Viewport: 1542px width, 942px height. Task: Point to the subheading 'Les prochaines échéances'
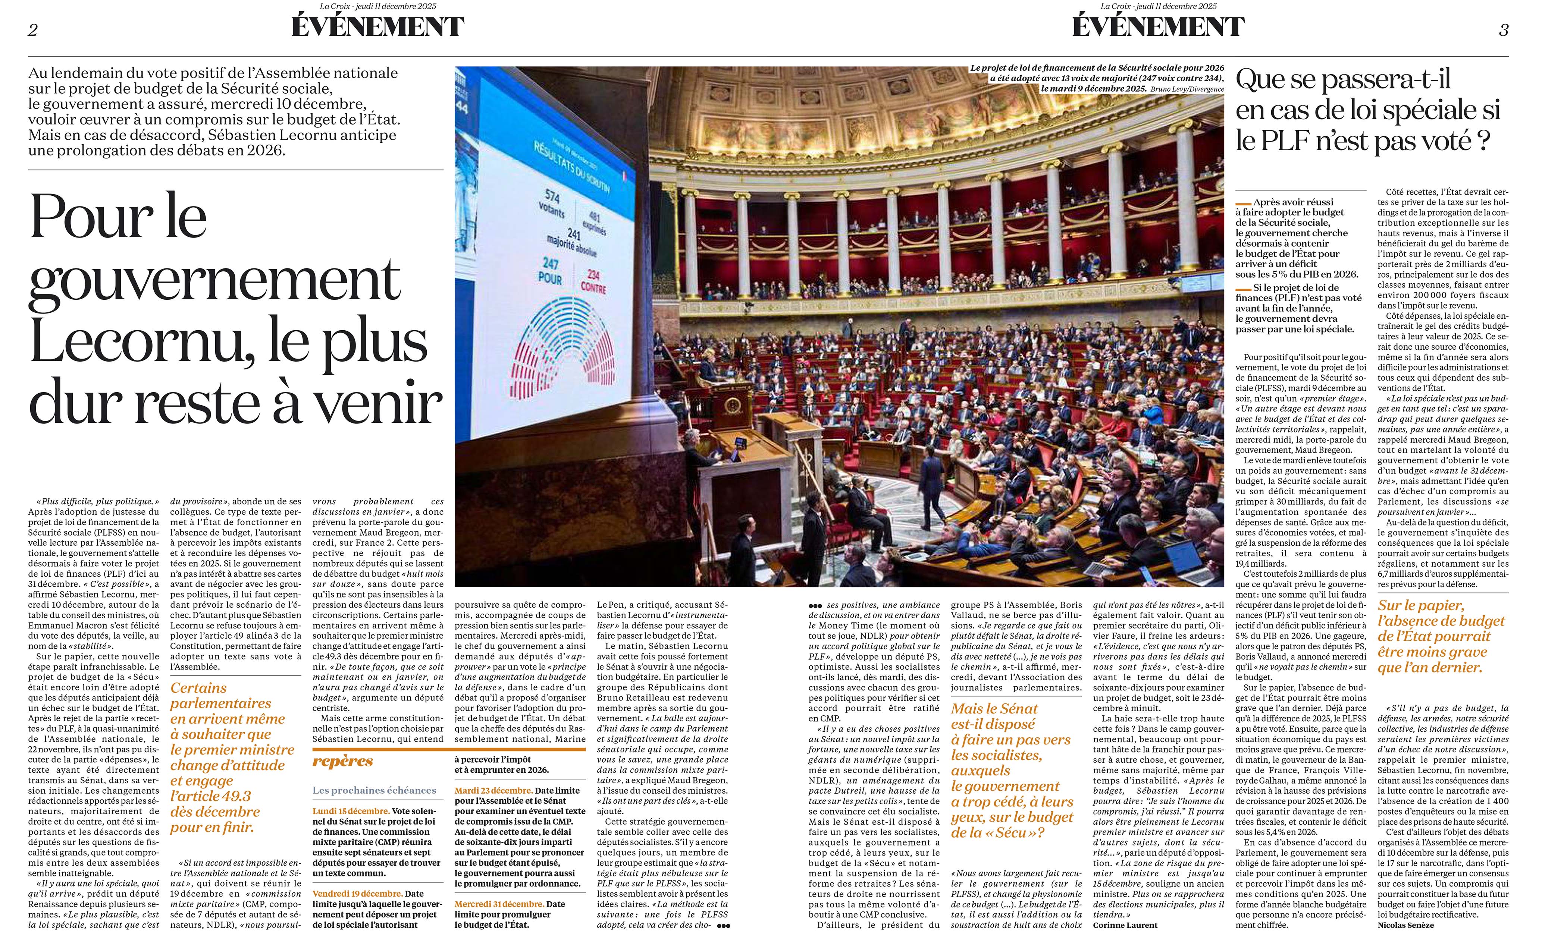[x=374, y=790]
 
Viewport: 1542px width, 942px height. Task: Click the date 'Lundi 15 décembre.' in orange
[x=351, y=811]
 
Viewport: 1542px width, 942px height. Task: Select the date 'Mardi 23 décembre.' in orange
[x=494, y=791]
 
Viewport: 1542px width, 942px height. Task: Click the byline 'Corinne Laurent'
[x=1125, y=925]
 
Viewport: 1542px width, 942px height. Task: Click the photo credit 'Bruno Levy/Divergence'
[x=1187, y=89]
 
